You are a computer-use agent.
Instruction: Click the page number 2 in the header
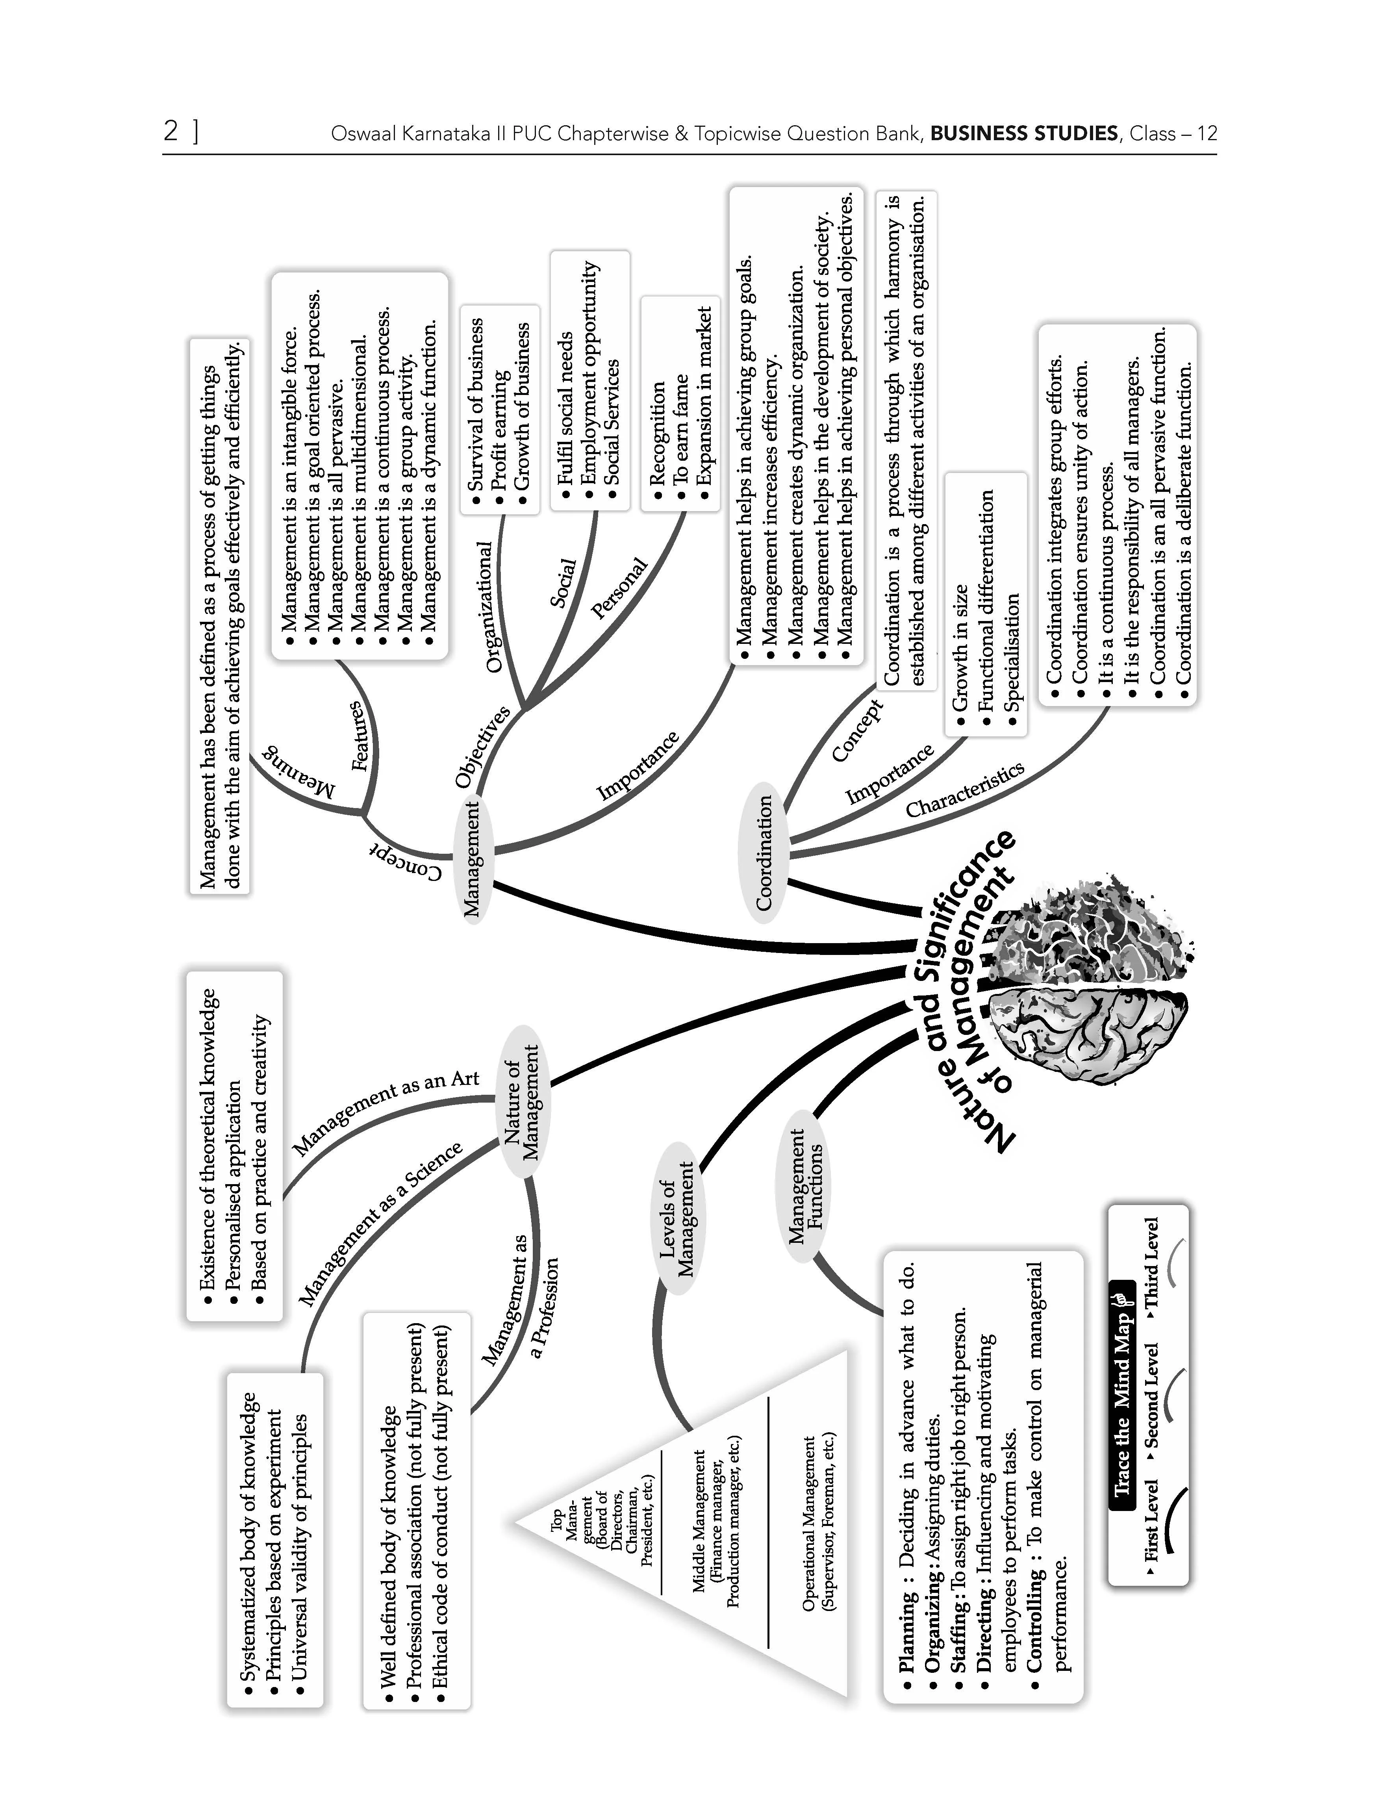(x=171, y=132)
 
